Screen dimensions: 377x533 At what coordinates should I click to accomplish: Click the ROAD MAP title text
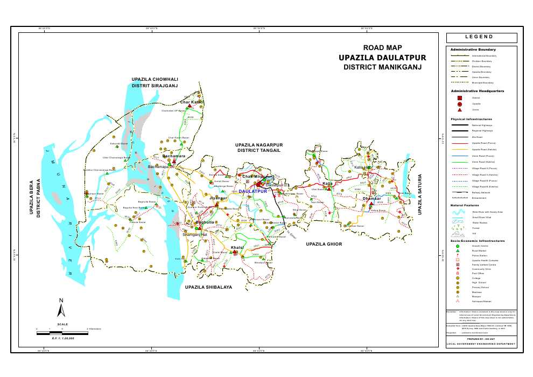[382, 48]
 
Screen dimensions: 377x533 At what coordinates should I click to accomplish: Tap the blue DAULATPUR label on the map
[253, 192]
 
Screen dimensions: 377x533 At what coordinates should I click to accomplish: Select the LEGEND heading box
[481, 37]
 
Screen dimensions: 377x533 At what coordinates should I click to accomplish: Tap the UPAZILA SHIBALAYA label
[208, 288]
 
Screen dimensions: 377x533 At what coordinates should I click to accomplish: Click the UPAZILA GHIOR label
[324, 244]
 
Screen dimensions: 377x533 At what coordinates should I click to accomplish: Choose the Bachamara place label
[174, 156]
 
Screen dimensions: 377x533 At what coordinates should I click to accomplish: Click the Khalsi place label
[237, 247]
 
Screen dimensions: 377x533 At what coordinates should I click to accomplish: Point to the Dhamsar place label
[372, 199]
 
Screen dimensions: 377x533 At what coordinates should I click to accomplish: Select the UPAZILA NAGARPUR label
[259, 145]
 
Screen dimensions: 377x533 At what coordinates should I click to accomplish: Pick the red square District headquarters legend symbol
[459, 97]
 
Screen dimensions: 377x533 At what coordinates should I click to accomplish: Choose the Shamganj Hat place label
[195, 235]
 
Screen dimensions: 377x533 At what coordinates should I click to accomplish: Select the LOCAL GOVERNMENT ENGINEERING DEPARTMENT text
[481, 344]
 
